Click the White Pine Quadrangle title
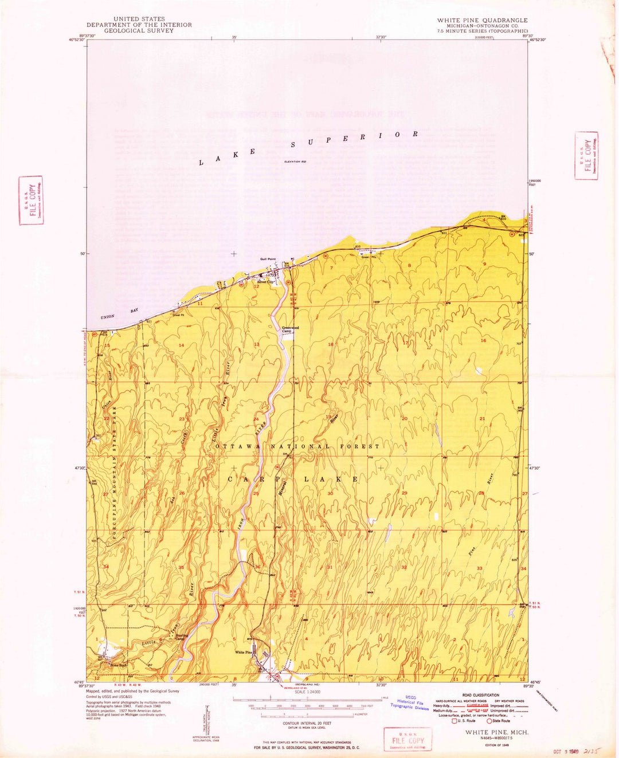[x=482, y=20]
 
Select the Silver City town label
[x=265, y=282]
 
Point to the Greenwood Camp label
[x=290, y=330]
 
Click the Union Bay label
[x=116, y=314]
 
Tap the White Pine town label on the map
[x=244, y=653]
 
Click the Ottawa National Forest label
[x=297, y=446]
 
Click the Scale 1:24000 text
[x=307, y=692]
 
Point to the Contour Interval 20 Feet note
[x=307, y=723]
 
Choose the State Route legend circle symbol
[x=489, y=720]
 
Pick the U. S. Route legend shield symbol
[x=455, y=720]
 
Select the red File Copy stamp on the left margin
[x=31, y=200]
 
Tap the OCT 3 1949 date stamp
[x=565, y=752]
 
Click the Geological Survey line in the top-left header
[x=139, y=30]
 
